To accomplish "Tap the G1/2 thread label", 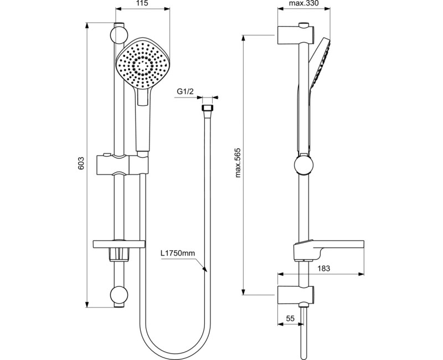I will point(185,92).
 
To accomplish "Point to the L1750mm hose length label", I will point(178,254).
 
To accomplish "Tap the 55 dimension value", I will point(290,319).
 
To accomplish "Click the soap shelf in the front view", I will point(119,244).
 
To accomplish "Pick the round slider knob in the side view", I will point(303,164).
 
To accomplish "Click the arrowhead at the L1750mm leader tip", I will point(205,271).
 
